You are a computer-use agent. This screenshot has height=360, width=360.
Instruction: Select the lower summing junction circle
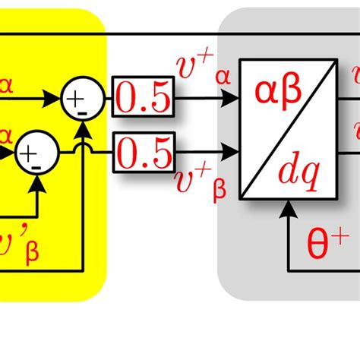(x=36, y=153)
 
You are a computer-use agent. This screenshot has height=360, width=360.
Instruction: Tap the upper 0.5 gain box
(x=144, y=96)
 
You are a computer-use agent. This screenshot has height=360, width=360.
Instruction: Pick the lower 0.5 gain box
(x=144, y=152)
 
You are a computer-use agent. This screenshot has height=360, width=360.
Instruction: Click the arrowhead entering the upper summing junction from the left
(x=53, y=98)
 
